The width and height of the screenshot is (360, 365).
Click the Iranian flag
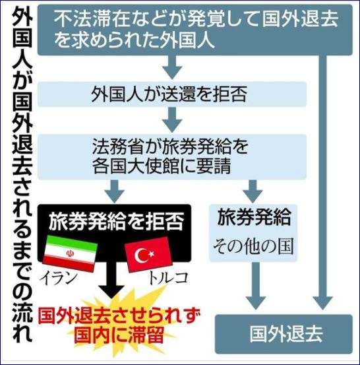pyautogui.click(x=70, y=253)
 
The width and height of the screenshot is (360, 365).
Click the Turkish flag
pyautogui.click(x=148, y=254)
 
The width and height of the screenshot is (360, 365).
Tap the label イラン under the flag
pyautogui.click(x=59, y=278)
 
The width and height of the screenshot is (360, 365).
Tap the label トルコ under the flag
pyautogui.click(x=168, y=278)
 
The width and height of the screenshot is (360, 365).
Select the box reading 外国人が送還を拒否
pyautogui.click(x=172, y=94)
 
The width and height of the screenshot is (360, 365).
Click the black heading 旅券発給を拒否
pyautogui.click(x=116, y=221)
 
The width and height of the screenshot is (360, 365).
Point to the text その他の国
pyautogui.click(x=253, y=246)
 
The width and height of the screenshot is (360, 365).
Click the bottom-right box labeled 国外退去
pyautogui.click(x=284, y=334)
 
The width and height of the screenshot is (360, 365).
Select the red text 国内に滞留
pyautogui.click(x=119, y=335)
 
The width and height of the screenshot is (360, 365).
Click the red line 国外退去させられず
pyautogui.click(x=119, y=316)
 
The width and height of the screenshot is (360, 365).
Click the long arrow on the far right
pyautogui.click(x=323, y=182)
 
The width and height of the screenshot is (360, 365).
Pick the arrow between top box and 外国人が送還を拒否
pyautogui.click(x=172, y=67)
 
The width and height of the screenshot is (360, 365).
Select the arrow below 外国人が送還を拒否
pyautogui.click(x=172, y=119)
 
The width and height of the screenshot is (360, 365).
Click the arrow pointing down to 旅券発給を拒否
pyautogui.click(x=115, y=191)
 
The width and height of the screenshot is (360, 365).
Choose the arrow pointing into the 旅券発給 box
pyautogui.click(x=253, y=191)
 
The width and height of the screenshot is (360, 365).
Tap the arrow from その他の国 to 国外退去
pyautogui.click(x=255, y=286)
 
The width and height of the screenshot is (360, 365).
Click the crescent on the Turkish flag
pyautogui.click(x=141, y=255)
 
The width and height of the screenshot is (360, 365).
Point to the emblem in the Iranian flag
pyautogui.click(x=69, y=253)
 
